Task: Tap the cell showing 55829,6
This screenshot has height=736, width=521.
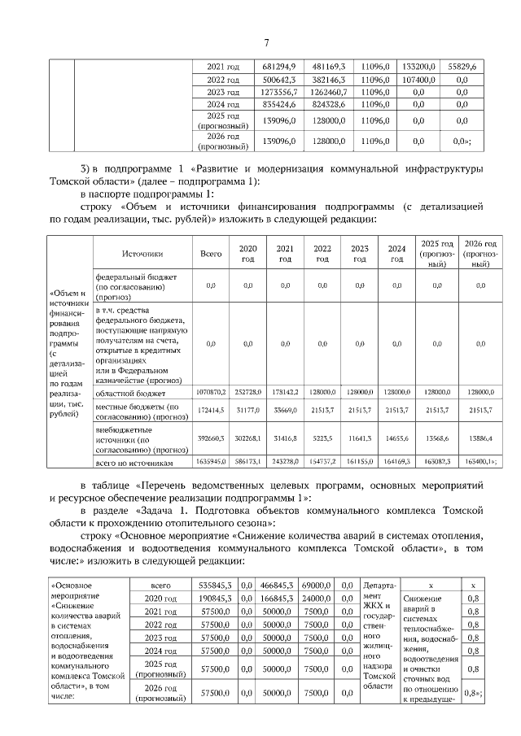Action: tap(461, 66)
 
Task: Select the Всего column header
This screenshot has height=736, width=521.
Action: tap(211, 254)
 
